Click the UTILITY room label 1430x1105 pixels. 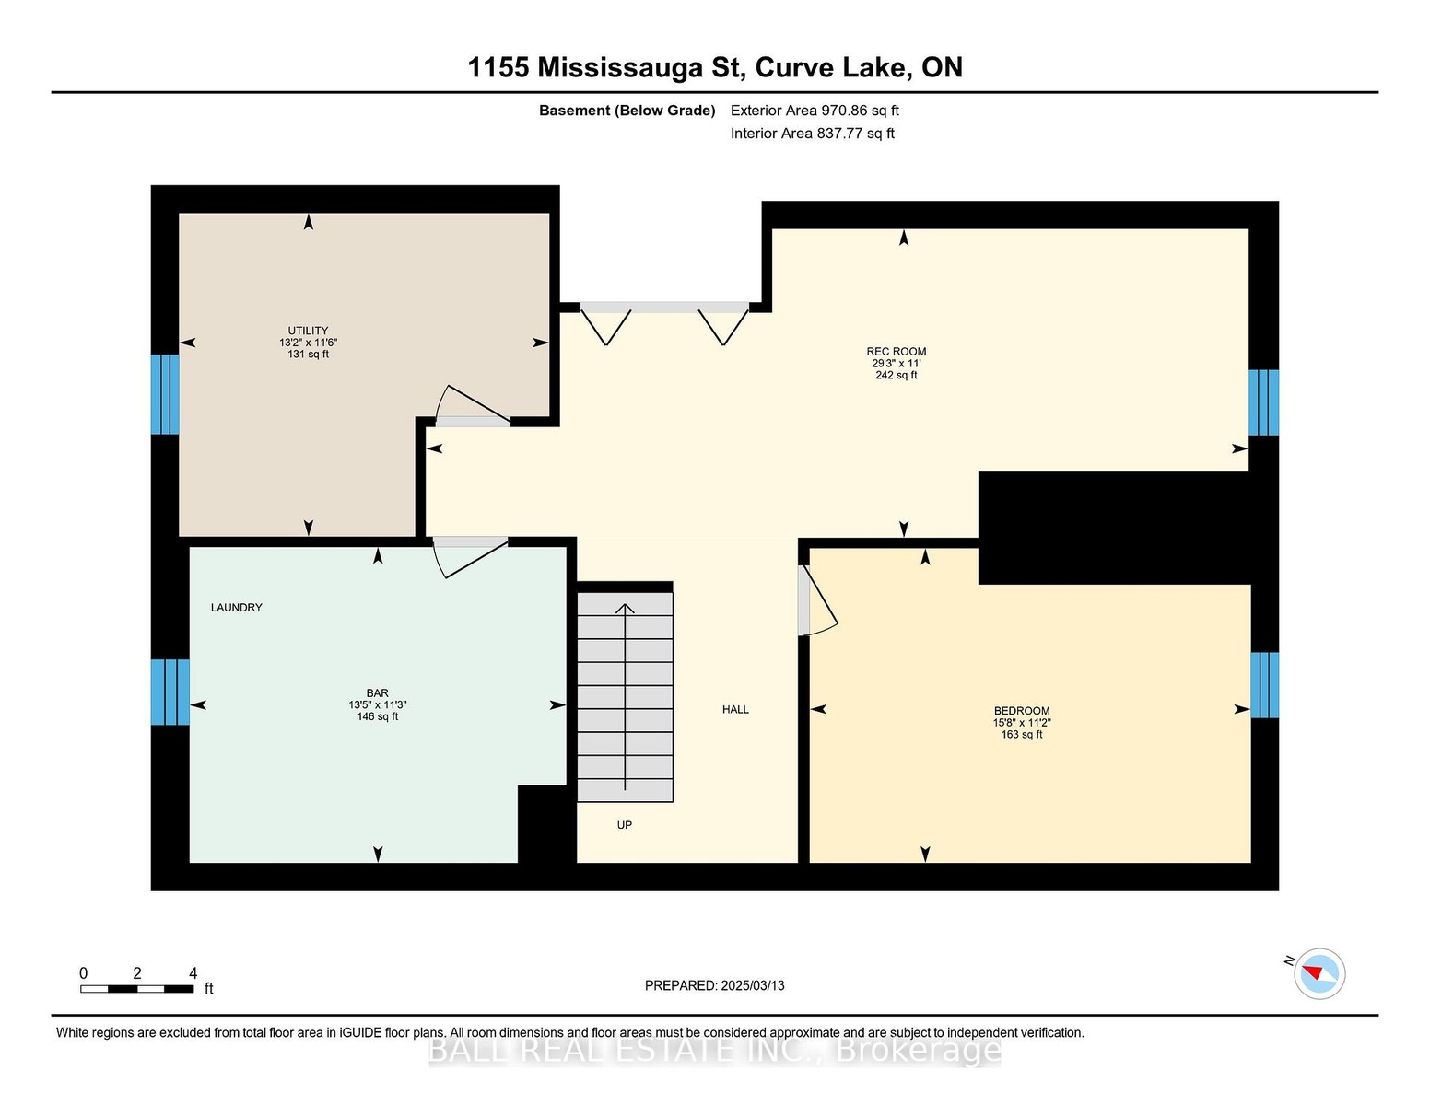click(x=308, y=330)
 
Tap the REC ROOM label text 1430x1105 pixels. click(x=897, y=351)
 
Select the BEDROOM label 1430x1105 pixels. click(x=1022, y=711)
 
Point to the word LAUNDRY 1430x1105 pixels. click(x=236, y=608)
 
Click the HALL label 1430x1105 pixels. click(x=735, y=709)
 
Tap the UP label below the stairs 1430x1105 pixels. click(x=625, y=825)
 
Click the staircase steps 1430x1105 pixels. click(x=626, y=697)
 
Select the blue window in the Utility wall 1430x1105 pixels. click(x=165, y=394)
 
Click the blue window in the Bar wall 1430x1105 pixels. click(x=170, y=692)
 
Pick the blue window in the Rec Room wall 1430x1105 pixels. click(x=1263, y=402)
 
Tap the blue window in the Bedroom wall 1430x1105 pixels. click(x=1265, y=685)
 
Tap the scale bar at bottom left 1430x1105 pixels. click(x=137, y=989)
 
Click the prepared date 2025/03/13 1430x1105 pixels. click(x=753, y=985)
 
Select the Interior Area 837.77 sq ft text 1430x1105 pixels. click(x=813, y=134)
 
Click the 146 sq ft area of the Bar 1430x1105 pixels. click(x=378, y=716)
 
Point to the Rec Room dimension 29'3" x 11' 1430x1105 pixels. click(x=897, y=363)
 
